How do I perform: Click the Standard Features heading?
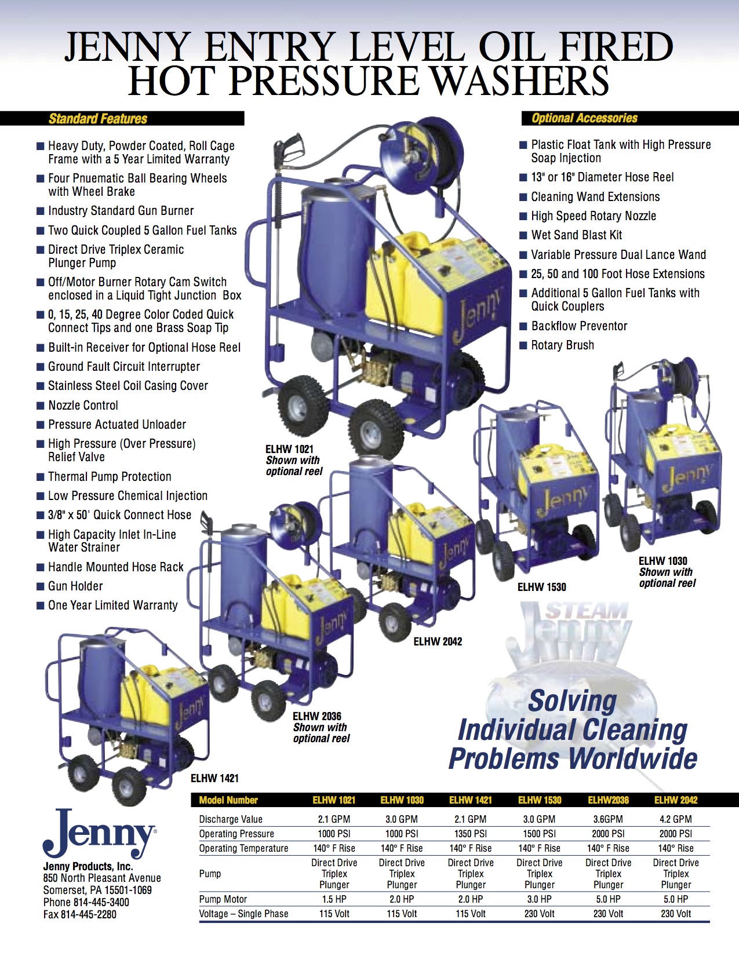98,118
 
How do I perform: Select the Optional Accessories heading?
584,118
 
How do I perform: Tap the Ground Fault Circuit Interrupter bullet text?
123,367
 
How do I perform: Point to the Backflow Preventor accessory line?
579,326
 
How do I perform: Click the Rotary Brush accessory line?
562,345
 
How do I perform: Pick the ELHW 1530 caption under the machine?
542,587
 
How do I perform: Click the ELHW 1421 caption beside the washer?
215,778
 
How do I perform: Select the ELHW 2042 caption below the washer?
438,641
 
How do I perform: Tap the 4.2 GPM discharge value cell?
676,819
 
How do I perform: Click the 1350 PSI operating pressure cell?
471,834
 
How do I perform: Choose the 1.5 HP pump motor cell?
334,899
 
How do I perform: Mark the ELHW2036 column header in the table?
608,800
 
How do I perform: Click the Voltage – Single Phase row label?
243,914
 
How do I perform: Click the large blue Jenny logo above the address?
100,833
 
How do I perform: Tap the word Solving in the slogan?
573,701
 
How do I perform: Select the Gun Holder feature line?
75,586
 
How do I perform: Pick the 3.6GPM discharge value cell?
608,819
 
